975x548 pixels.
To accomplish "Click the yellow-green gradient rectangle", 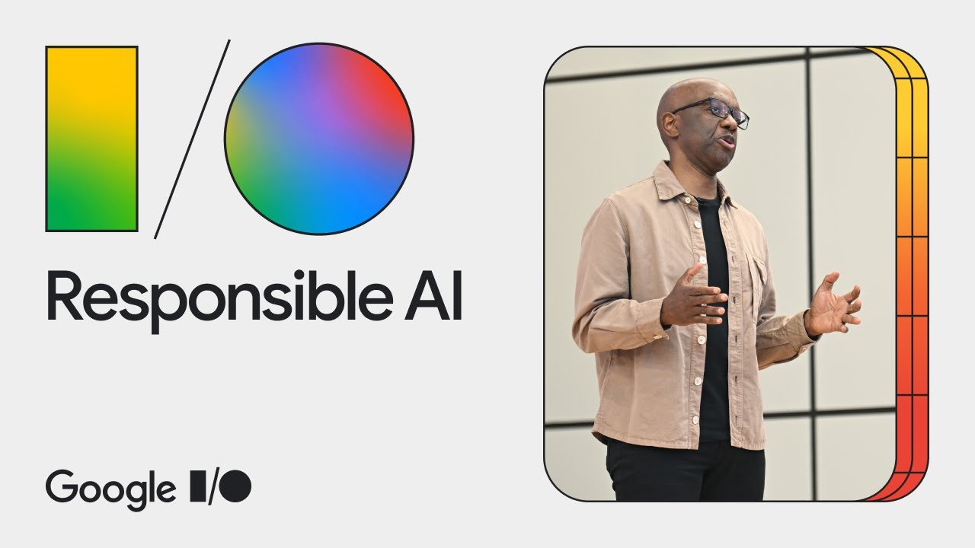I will click(91, 139).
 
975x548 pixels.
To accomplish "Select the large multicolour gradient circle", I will click(319, 139).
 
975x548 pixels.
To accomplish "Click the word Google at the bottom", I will click(110, 488).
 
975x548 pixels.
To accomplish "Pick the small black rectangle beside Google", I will click(198, 486).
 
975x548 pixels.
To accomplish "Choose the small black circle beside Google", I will click(237, 486).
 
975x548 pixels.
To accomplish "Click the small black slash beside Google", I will click(215, 486).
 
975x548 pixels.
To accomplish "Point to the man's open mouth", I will click(727, 142).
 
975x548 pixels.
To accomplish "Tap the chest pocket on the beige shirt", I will click(758, 278).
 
